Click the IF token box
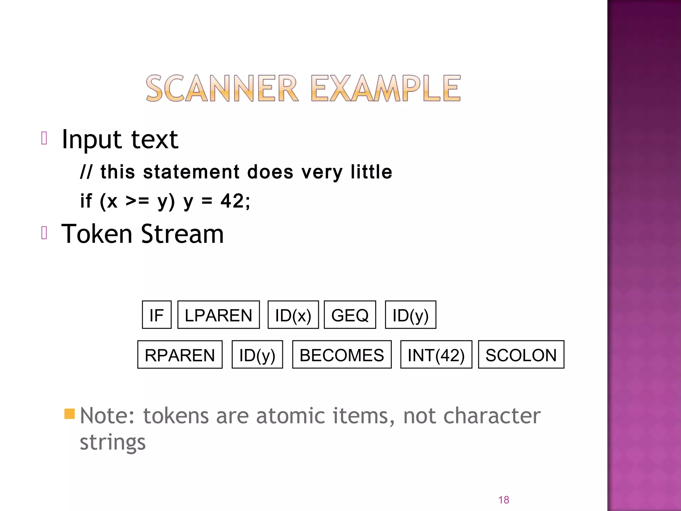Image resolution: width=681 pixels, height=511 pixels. click(157, 315)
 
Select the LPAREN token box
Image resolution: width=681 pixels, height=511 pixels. click(218, 315)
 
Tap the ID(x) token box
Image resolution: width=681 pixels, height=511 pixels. click(293, 315)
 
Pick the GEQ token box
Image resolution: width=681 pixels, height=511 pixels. click(350, 315)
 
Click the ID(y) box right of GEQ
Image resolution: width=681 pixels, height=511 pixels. click(410, 315)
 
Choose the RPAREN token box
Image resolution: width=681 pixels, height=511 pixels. click(180, 355)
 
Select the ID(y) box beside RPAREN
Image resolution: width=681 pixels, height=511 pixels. click(257, 355)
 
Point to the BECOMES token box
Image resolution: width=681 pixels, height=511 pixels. click(342, 355)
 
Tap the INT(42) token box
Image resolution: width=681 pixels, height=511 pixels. click(436, 355)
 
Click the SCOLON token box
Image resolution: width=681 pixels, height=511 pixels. click(521, 355)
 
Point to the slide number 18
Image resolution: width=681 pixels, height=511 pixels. click(503, 500)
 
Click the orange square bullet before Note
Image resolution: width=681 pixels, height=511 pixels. click(69, 414)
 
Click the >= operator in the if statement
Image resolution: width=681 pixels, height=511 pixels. click(137, 201)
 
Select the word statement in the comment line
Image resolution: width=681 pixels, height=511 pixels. click(191, 172)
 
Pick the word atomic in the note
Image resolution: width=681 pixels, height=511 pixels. click(291, 416)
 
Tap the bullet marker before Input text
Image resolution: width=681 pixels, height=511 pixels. click(44, 138)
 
